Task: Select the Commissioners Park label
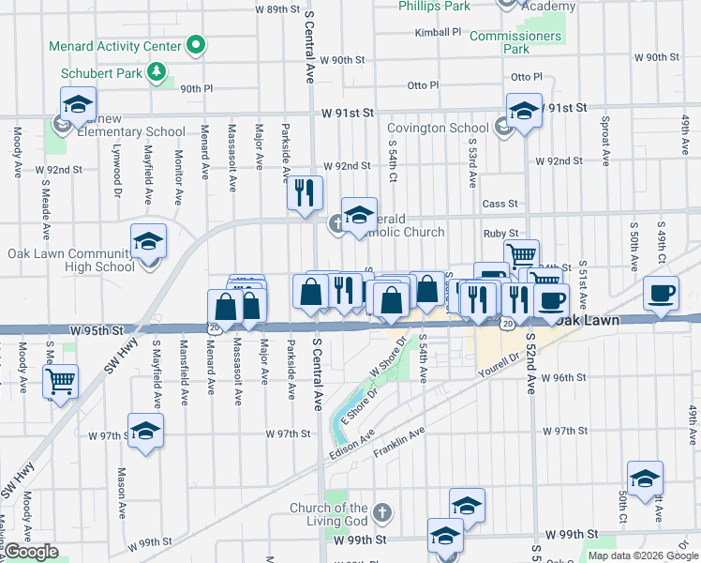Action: [515, 42]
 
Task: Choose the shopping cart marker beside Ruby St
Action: [521, 254]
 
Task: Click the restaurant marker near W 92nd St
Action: [304, 192]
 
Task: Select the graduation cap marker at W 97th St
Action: [144, 431]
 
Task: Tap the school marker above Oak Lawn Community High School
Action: [148, 241]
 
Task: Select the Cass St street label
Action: [500, 204]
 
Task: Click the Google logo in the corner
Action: [32, 552]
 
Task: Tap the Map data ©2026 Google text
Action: [643, 555]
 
